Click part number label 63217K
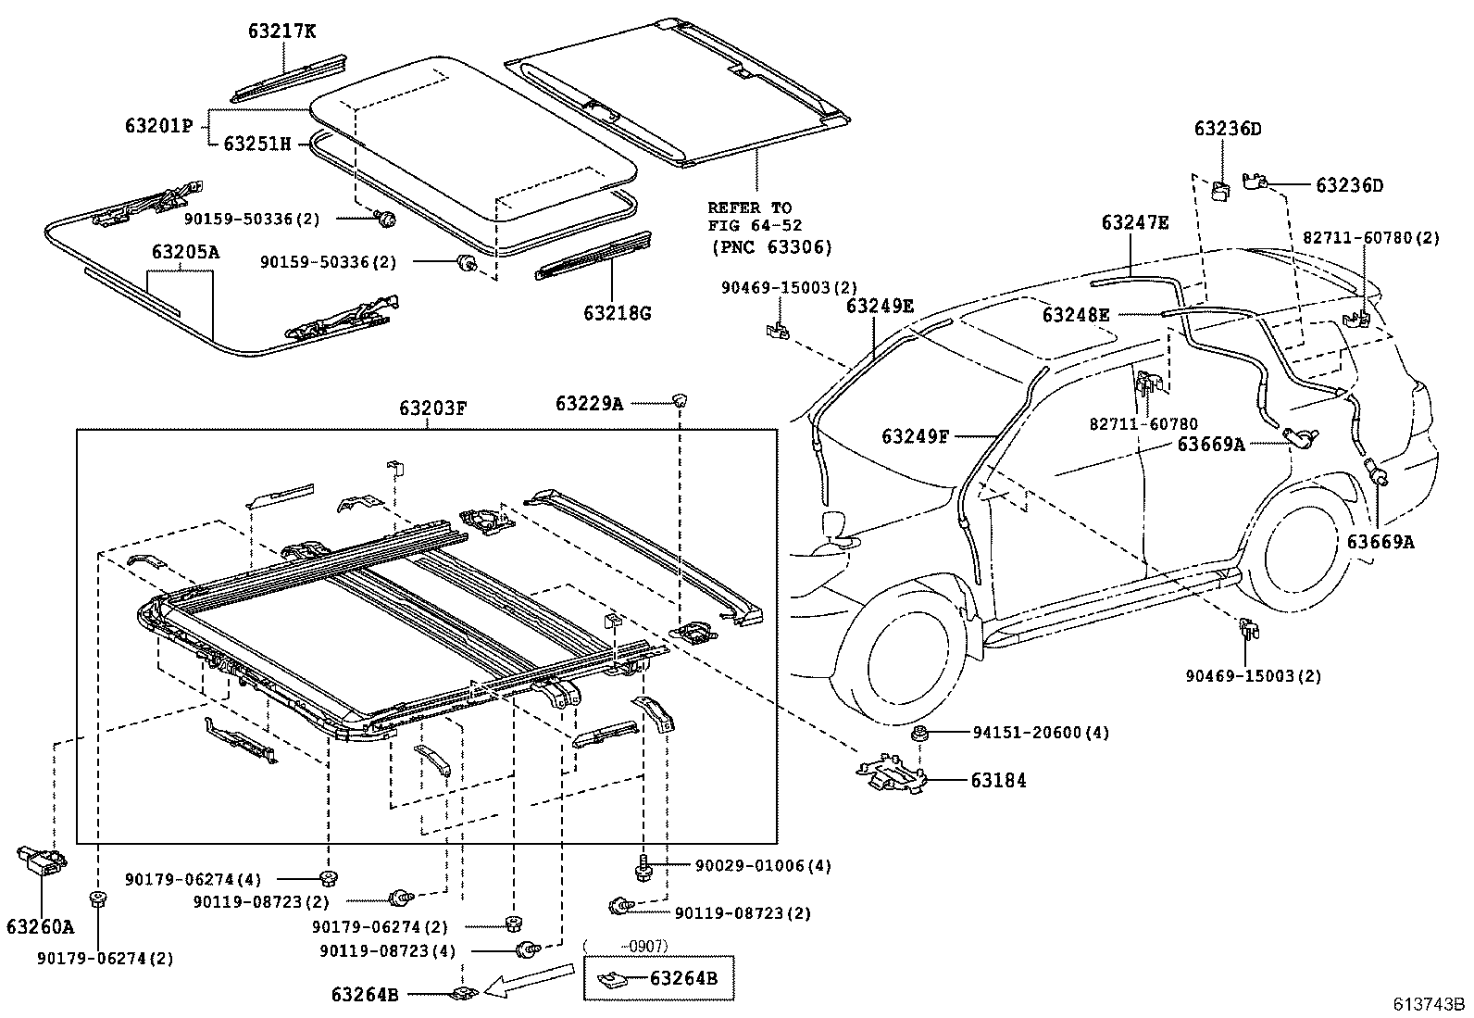pyautogui.click(x=281, y=31)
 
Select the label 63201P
pyautogui.click(x=158, y=125)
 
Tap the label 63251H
pyautogui.click(x=257, y=144)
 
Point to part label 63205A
pyautogui.click(x=185, y=252)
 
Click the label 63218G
pyautogui.click(x=617, y=313)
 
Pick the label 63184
pyautogui.click(x=998, y=780)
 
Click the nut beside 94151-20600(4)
pyautogui.click(x=920, y=735)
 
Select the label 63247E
pyautogui.click(x=1134, y=223)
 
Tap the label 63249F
pyautogui.click(x=915, y=435)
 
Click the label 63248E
pyautogui.click(x=1075, y=314)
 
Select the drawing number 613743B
pyautogui.click(x=1430, y=1004)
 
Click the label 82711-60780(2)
pyautogui.click(x=1371, y=238)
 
